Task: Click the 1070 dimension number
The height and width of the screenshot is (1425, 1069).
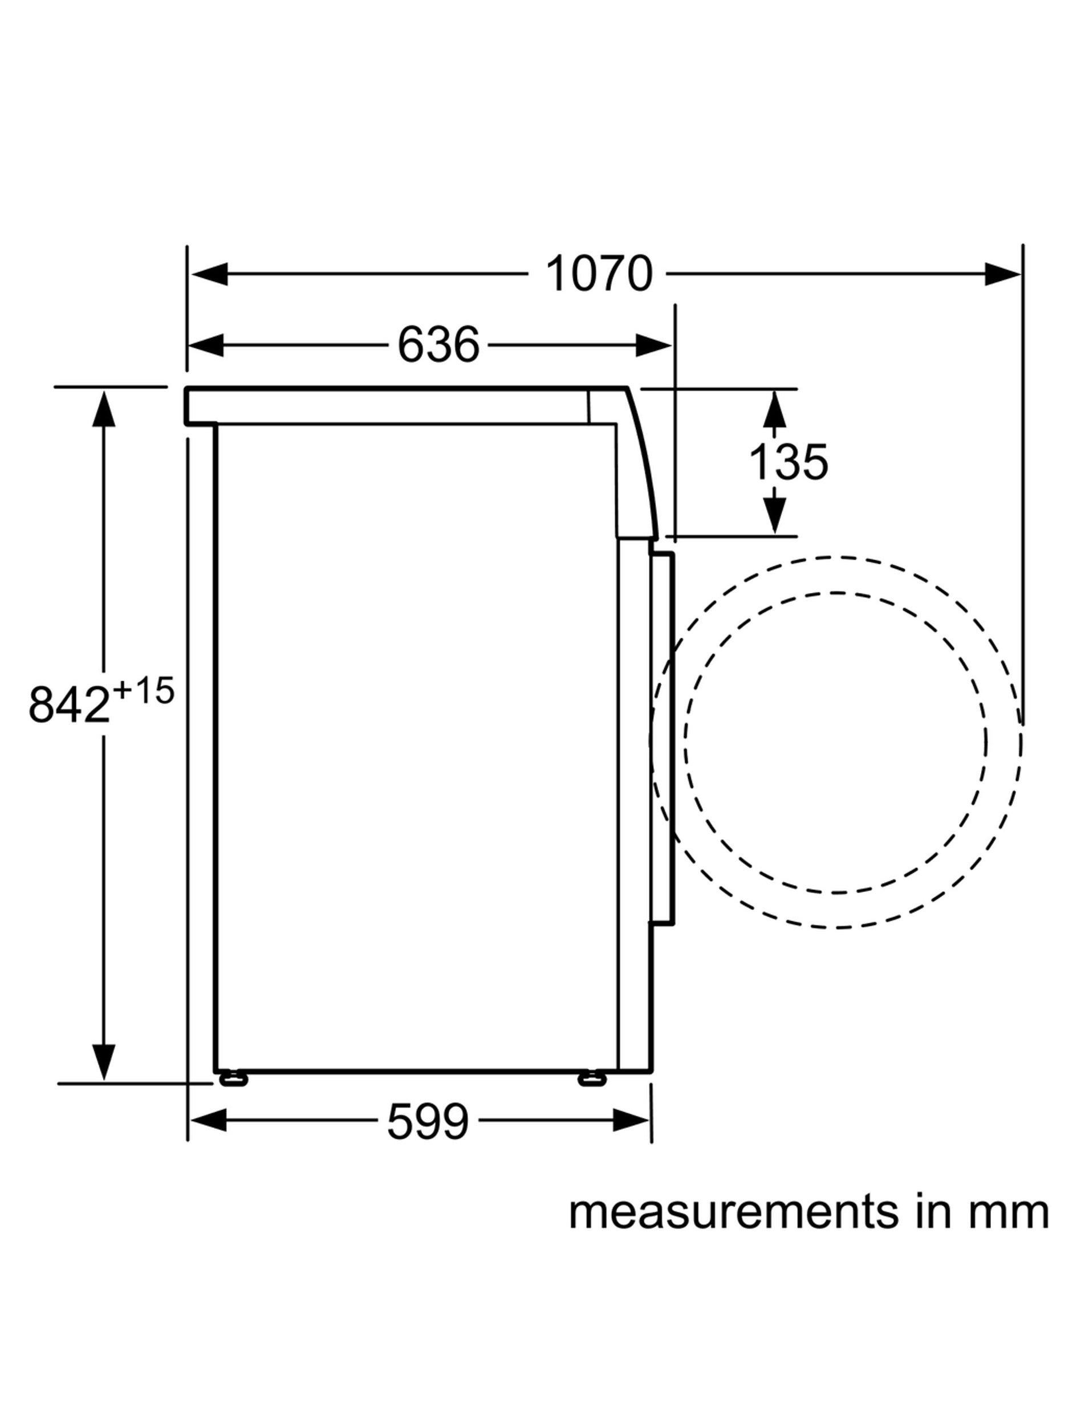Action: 599,274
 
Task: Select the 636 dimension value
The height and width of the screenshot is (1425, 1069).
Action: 438,345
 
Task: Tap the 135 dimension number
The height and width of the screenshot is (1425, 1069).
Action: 788,462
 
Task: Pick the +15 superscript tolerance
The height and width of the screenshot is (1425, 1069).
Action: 143,692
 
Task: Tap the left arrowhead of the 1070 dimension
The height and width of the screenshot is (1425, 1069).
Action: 209,274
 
